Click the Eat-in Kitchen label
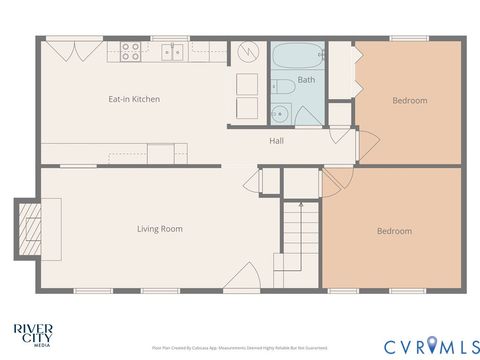134,99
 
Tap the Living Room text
160,229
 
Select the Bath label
306,80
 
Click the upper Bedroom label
409,100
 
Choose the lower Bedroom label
393,231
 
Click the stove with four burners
131,51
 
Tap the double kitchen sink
173,51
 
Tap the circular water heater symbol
247,52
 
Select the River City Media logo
33,332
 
